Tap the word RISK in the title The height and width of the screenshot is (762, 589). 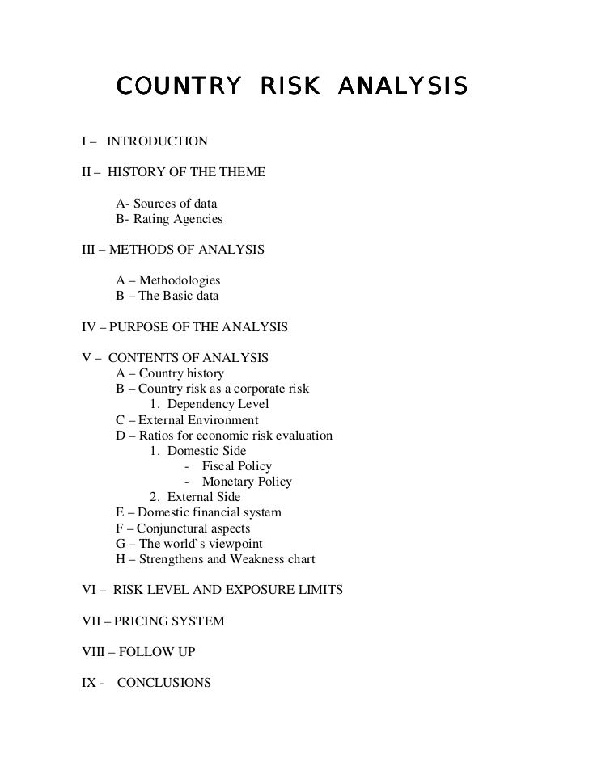coord(290,85)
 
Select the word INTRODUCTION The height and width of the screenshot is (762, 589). coord(157,141)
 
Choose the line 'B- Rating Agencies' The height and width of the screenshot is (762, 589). coord(169,219)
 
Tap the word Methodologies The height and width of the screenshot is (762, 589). coord(179,280)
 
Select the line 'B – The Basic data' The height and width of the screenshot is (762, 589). coord(167,297)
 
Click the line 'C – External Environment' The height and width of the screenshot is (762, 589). coord(188,420)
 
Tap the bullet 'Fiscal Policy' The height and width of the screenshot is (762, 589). coord(236,466)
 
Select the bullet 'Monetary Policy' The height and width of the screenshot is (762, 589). coord(247,482)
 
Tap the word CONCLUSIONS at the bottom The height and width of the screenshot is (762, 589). coord(164,683)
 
